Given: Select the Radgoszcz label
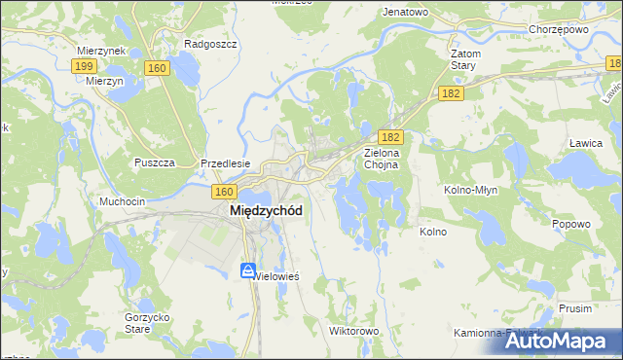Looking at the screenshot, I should (206, 44).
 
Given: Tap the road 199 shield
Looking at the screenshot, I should (84, 65).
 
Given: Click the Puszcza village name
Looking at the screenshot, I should (155, 162).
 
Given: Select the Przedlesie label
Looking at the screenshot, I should (226, 163).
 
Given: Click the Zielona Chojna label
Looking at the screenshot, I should (388, 159).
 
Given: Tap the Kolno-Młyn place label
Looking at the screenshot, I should (471, 190).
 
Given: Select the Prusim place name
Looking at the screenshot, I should (576, 307).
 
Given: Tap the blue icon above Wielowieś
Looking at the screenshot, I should (248, 270).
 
